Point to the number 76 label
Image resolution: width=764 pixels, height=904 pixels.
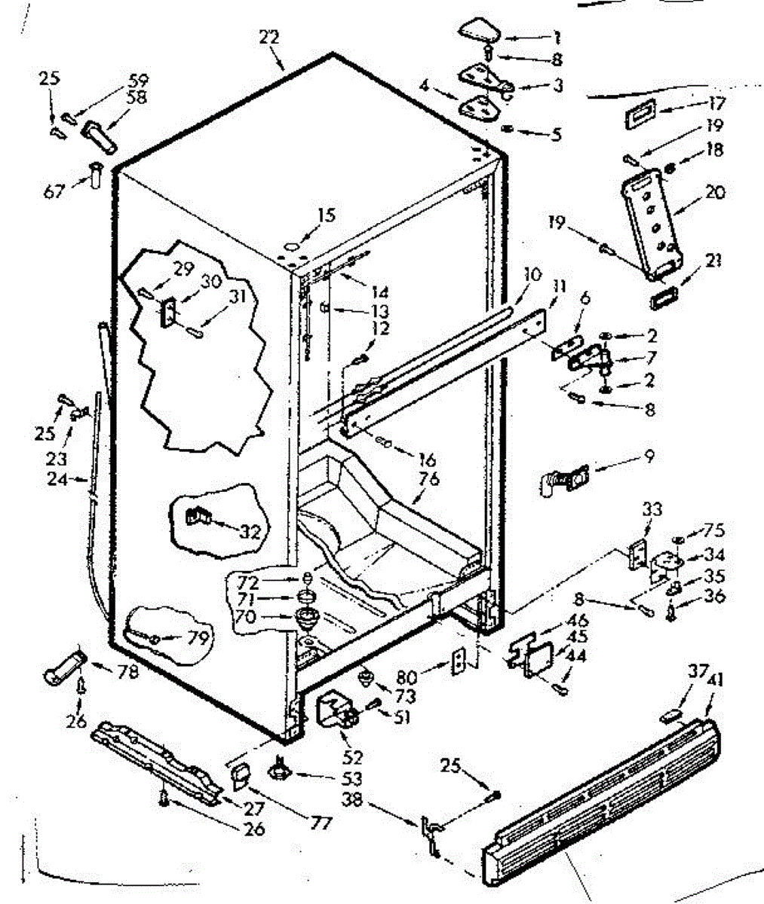point(431,479)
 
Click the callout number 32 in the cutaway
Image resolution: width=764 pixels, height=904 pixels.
point(249,531)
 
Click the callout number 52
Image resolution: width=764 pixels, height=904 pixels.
point(353,757)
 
